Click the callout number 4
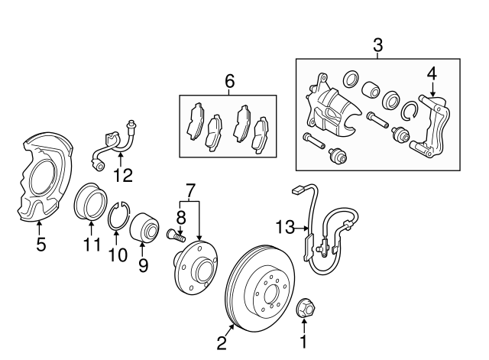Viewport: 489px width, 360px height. coord(432,73)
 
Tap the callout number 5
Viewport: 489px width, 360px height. coord(41,245)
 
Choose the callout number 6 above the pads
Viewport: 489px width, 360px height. coord(228,80)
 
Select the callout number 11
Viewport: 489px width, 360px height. coord(92,245)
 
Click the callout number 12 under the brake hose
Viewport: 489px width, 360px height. coord(123,175)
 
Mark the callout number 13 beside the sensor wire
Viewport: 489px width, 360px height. coord(285,227)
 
